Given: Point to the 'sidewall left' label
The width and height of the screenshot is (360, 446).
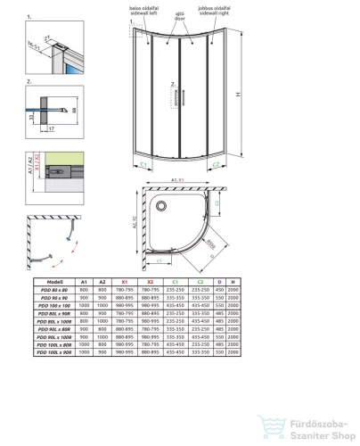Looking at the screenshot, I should coord(148,14).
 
